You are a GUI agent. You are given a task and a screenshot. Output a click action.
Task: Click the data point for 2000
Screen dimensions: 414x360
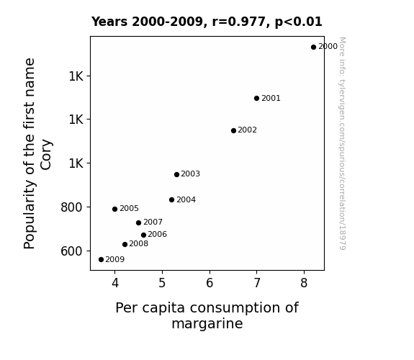pyautogui.click(x=313, y=48)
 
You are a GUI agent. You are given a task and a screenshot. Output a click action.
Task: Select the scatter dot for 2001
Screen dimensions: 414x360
pyautogui.click(x=256, y=98)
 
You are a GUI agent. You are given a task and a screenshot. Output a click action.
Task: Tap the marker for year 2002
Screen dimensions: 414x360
pyautogui.click(x=233, y=130)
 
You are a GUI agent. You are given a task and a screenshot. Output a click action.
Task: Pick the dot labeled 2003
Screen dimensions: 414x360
pyautogui.click(x=176, y=174)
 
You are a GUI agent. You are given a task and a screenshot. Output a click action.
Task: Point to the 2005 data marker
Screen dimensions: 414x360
pyautogui.click(x=114, y=209)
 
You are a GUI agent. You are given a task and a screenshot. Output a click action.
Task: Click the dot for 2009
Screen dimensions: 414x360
pyautogui.click(x=101, y=260)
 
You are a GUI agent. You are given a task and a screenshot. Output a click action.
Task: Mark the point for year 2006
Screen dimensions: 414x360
pyautogui.click(x=143, y=235)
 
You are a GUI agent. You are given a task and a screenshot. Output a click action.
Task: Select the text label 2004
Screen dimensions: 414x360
pyautogui.click(x=186, y=199)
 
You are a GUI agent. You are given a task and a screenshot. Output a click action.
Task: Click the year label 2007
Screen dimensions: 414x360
pyautogui.click(x=153, y=222)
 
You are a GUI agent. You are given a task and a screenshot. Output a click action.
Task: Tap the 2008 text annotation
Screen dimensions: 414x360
pyautogui.click(x=139, y=243)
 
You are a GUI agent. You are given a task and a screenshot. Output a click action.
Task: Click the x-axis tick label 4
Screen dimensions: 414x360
pyautogui.click(x=115, y=283)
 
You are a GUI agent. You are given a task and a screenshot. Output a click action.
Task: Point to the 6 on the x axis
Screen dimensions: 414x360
pyautogui.click(x=210, y=283)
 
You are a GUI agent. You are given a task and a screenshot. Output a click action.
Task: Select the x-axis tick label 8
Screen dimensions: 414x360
pyautogui.click(x=304, y=283)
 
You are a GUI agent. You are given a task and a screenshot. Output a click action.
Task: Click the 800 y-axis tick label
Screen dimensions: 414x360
pyautogui.click(x=71, y=207)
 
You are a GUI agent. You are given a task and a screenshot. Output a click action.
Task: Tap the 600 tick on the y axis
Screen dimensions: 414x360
pyautogui.click(x=71, y=251)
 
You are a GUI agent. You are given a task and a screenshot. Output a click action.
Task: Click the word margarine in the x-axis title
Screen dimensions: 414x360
pyautogui.click(x=207, y=323)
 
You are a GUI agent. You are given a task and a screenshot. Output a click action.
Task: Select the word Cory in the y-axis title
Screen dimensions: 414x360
pyautogui.click(x=46, y=155)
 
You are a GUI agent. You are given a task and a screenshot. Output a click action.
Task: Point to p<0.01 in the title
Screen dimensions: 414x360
pyautogui.click(x=299, y=22)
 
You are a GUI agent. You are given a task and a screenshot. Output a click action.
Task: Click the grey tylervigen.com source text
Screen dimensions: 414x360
pyautogui.click(x=342, y=143)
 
